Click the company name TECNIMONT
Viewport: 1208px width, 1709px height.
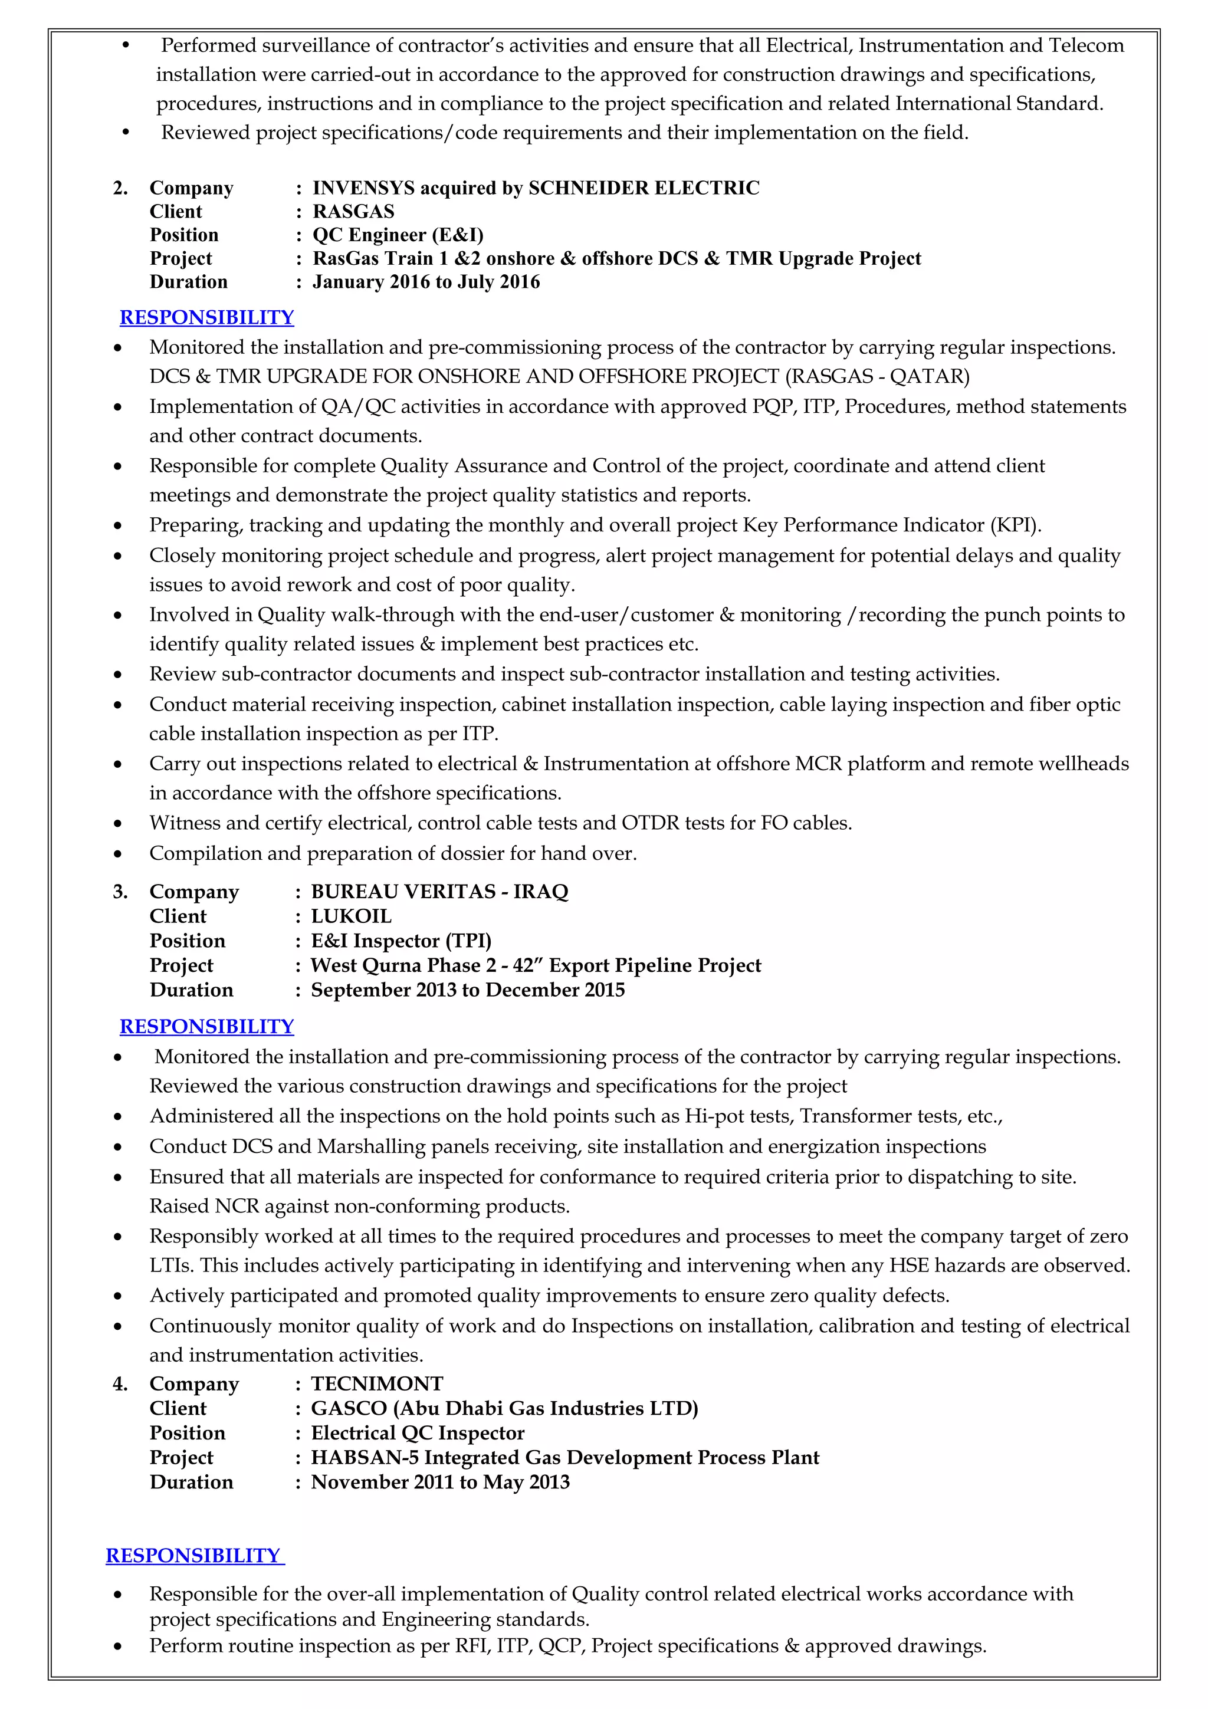pyautogui.click(x=377, y=1383)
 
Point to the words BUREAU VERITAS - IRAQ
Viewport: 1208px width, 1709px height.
pyautogui.click(x=439, y=891)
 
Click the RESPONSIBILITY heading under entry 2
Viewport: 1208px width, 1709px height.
pyautogui.click(x=206, y=317)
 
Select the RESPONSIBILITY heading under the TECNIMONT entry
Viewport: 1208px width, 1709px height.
pyautogui.click(x=193, y=1555)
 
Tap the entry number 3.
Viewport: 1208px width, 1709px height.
pyautogui.click(x=120, y=891)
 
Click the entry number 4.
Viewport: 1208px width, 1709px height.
pyautogui.click(x=120, y=1383)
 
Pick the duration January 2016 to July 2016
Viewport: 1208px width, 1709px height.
pyautogui.click(x=426, y=281)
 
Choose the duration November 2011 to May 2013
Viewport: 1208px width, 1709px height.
pyautogui.click(x=440, y=1481)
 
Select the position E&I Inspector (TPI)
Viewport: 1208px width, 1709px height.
pyautogui.click(x=401, y=940)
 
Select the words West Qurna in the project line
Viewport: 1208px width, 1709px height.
pyautogui.click(x=358, y=965)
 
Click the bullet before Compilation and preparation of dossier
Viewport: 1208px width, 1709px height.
pyautogui.click(x=117, y=854)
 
